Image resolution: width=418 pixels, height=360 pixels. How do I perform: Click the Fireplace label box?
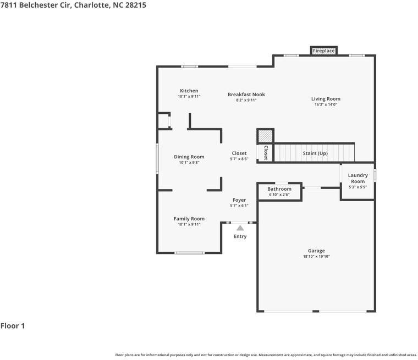(323, 51)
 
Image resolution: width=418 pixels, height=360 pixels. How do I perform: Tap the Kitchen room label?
(189, 91)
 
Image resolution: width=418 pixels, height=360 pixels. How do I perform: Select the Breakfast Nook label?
(246, 95)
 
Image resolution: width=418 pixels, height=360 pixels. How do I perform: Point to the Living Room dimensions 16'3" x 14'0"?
(326, 104)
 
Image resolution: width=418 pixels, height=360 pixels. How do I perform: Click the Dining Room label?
(189, 157)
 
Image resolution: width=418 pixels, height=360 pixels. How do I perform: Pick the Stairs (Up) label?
(315, 153)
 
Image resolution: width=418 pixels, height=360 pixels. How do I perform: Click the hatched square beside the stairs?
(265, 136)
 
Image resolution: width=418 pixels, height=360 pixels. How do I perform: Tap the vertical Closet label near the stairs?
(266, 152)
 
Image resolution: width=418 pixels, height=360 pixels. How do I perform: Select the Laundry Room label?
(358, 178)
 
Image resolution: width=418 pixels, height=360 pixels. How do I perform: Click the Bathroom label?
(279, 189)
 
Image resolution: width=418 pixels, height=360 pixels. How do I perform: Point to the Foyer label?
(239, 200)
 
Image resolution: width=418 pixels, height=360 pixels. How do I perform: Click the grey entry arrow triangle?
(240, 227)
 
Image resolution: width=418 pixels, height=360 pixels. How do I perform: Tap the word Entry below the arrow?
(240, 236)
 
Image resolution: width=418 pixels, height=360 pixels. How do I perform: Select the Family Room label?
(189, 219)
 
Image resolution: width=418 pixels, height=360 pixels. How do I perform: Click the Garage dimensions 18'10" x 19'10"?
(316, 256)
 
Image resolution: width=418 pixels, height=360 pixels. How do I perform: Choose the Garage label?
(316, 251)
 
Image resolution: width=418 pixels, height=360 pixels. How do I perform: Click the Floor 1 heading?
(13, 326)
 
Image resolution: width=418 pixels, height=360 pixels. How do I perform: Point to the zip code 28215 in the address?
(134, 4)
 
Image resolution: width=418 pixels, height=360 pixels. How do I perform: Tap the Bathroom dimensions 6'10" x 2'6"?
(279, 195)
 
